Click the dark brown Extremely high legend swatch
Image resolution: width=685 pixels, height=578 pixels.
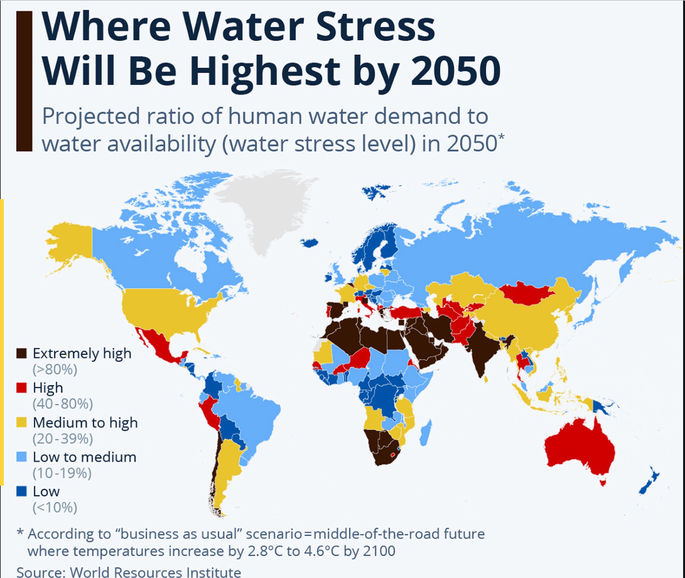tap(21, 354)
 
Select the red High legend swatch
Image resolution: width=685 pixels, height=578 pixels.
tap(21, 388)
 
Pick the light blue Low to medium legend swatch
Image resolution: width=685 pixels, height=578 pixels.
tap(21, 457)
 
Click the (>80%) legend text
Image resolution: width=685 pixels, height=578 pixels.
tap(55, 370)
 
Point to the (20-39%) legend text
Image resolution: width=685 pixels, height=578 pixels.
tap(63, 438)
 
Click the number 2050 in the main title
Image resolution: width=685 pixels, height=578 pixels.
tap(456, 71)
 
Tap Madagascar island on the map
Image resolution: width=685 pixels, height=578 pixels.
tap(426, 432)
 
